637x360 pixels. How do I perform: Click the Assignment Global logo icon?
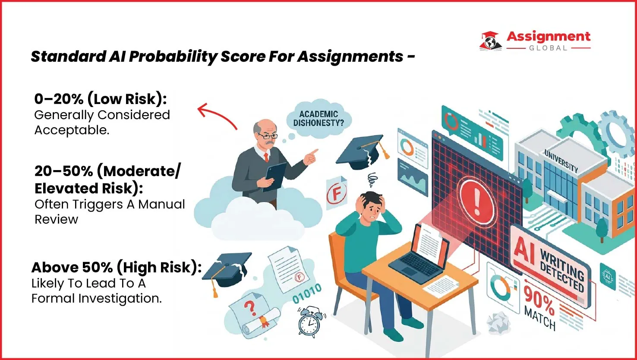pos(491,41)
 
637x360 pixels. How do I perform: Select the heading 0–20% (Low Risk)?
pos(100,99)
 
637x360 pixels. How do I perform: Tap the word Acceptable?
pos(72,130)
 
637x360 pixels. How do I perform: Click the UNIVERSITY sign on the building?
pos(561,161)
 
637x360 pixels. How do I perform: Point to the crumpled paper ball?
pos(498,322)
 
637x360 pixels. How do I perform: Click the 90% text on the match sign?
pos(539,297)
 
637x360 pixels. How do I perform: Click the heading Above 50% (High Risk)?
pos(117,268)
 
